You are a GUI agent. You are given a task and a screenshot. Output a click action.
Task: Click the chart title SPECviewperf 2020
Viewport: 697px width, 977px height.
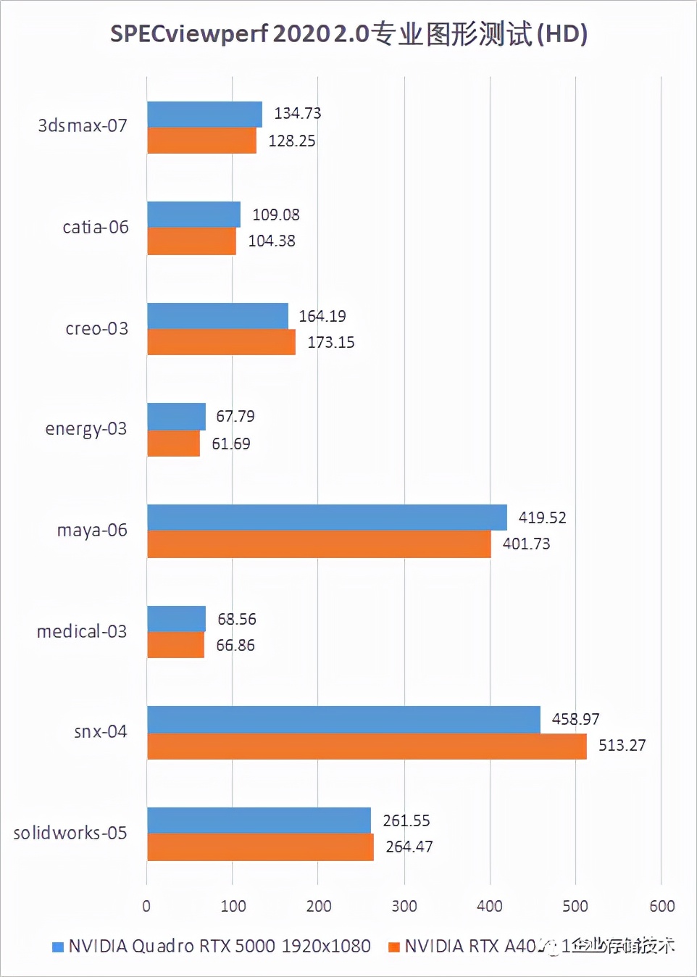tap(348, 34)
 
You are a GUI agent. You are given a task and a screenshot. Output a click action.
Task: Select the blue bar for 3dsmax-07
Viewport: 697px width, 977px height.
tap(204, 115)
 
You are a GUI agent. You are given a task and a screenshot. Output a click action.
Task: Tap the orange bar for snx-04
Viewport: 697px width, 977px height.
tap(367, 747)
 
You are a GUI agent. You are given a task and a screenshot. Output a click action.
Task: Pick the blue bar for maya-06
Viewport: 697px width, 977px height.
tap(327, 517)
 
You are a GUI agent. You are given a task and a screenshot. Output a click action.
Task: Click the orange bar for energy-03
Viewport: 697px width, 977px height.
tap(173, 444)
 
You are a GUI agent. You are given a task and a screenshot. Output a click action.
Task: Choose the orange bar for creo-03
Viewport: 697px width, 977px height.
tap(221, 342)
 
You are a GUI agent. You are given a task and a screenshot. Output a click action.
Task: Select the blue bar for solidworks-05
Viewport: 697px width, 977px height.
tap(259, 820)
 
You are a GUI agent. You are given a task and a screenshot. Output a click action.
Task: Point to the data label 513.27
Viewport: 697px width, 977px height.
tap(622, 746)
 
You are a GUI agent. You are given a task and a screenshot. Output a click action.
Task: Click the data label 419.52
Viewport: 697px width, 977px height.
tap(542, 517)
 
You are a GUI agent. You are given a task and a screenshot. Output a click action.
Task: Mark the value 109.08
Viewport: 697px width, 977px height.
tap(275, 215)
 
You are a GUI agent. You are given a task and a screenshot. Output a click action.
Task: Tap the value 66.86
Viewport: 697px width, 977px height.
tap(235, 645)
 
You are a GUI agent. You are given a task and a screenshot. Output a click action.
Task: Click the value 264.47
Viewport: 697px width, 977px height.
tap(409, 847)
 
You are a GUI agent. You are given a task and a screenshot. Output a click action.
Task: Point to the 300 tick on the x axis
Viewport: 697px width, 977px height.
tap(404, 906)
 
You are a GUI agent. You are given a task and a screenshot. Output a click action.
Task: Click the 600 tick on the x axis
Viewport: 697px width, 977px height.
tap(661, 906)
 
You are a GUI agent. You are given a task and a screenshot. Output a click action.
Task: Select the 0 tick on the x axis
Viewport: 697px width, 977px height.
tap(146, 906)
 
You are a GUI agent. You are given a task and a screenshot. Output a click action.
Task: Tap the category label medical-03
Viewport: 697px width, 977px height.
tap(82, 631)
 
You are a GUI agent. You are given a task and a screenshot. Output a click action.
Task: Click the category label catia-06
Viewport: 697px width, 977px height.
tap(96, 228)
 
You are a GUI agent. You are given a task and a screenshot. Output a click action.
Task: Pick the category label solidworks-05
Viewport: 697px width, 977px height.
tap(70, 833)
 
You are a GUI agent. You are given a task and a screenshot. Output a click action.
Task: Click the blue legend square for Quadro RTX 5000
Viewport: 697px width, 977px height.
tap(58, 947)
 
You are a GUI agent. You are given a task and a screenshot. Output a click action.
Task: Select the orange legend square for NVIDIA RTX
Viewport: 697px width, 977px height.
tap(394, 947)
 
